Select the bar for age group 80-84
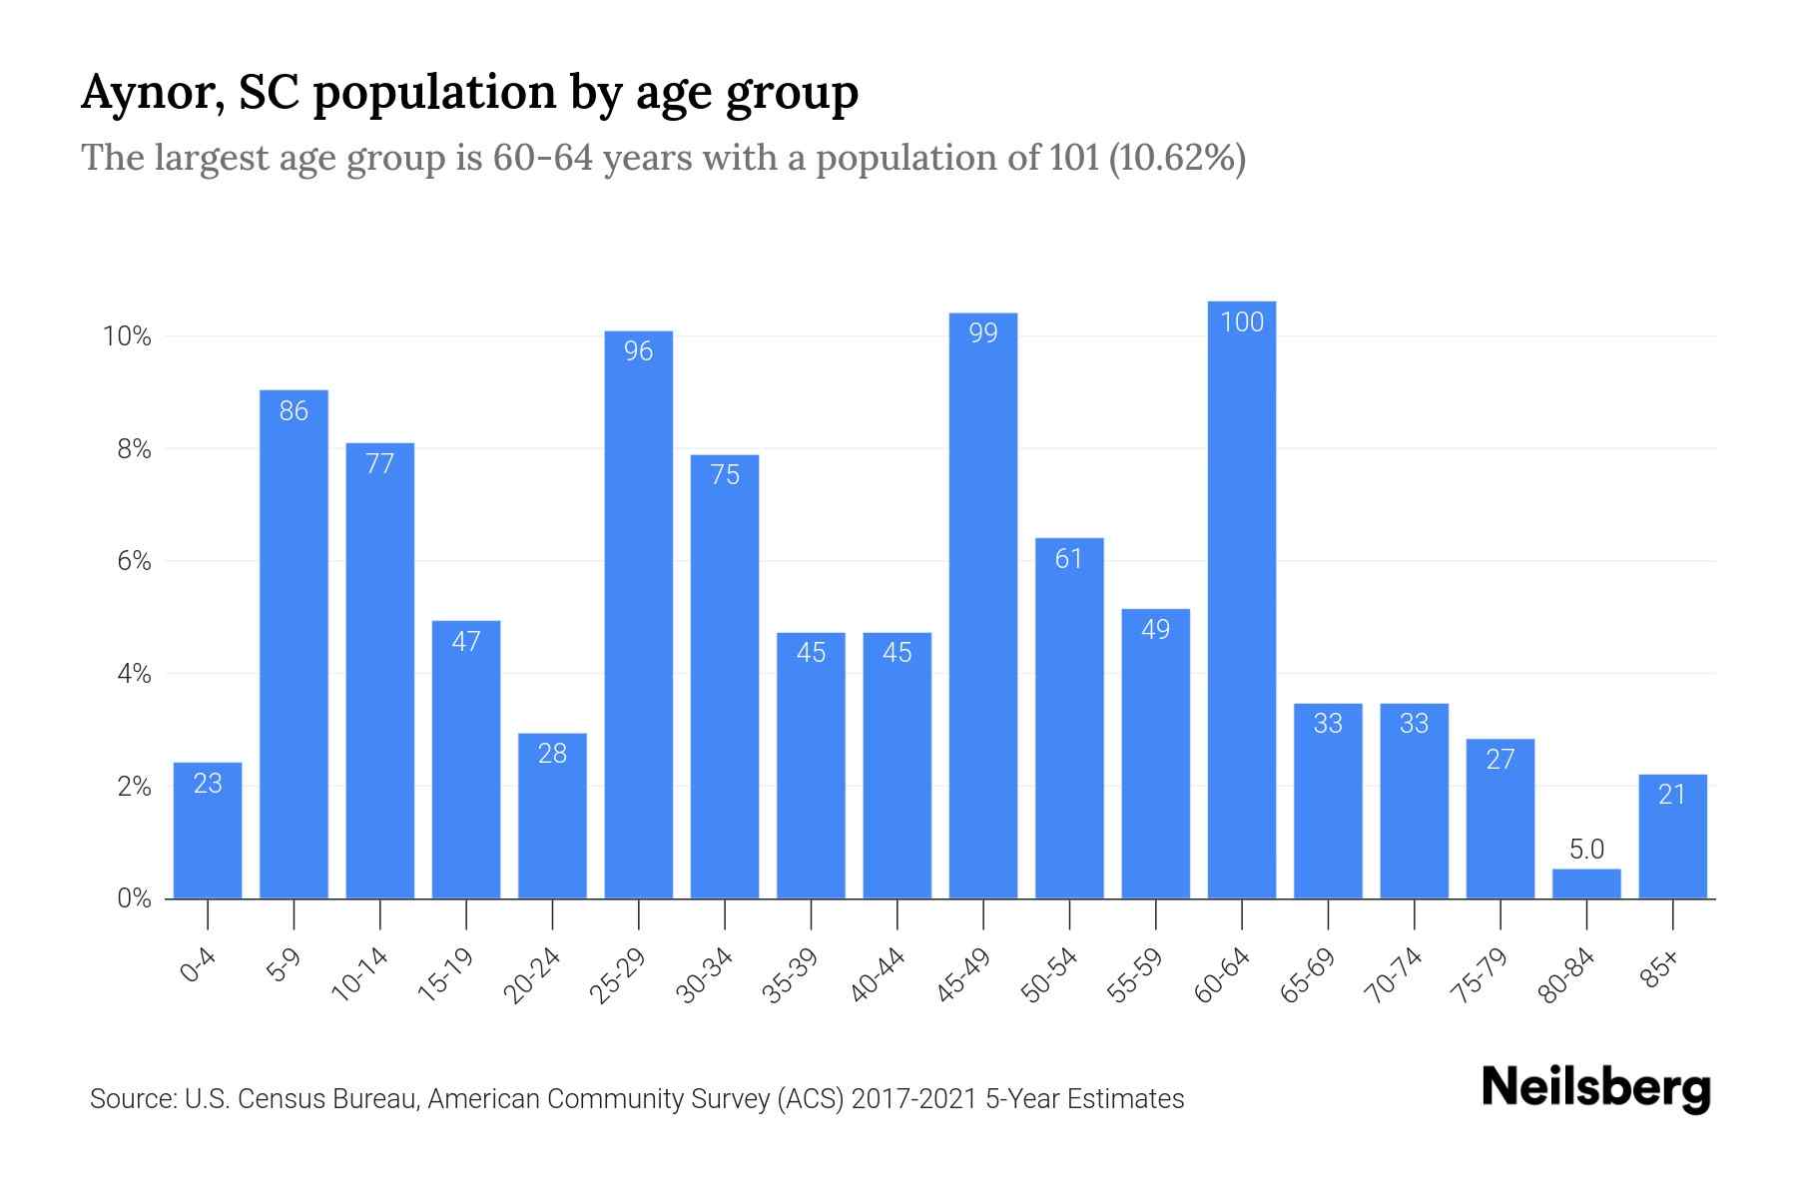tap(1586, 884)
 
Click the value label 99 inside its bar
tap(983, 332)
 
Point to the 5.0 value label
tap(1586, 850)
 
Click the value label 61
tap(1069, 558)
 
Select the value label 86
tap(294, 410)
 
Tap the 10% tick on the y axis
tap(127, 336)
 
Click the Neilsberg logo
tap(1595, 1088)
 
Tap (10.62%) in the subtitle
tap(1176, 158)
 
